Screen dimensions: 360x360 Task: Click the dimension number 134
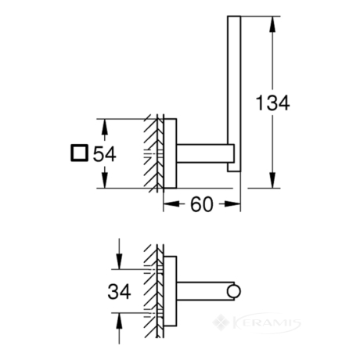click(x=272, y=103)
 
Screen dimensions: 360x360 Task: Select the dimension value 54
click(x=105, y=154)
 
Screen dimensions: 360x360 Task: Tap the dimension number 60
click(x=202, y=204)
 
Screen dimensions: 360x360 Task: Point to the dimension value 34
click(x=119, y=291)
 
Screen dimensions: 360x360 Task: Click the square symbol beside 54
click(x=79, y=153)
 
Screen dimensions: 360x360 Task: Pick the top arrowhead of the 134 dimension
click(x=272, y=24)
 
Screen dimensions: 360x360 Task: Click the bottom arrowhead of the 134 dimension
click(x=272, y=180)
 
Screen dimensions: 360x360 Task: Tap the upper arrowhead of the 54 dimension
click(x=104, y=127)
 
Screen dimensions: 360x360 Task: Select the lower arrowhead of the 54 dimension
click(x=104, y=180)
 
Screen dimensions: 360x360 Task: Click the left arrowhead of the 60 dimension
click(x=171, y=204)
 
